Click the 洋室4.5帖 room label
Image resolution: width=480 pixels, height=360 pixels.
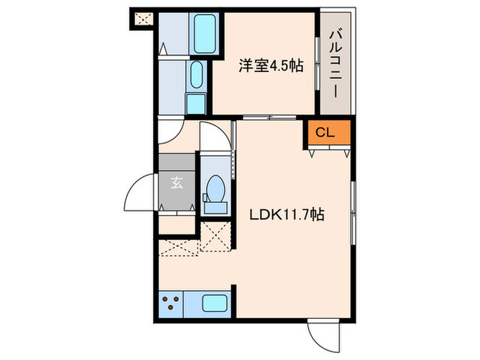(272, 67)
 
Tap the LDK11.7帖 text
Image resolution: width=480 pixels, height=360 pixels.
(287, 215)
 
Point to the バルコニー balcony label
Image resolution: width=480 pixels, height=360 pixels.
(337, 62)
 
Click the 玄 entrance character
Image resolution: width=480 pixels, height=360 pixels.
(176, 183)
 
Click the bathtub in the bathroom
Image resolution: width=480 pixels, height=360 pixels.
(203, 34)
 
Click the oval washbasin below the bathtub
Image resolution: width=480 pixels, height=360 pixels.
(196, 76)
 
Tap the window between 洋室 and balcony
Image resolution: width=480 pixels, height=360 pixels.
(317, 62)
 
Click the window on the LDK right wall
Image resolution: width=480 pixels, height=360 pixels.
(352, 212)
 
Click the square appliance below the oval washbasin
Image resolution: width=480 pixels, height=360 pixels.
(196, 103)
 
